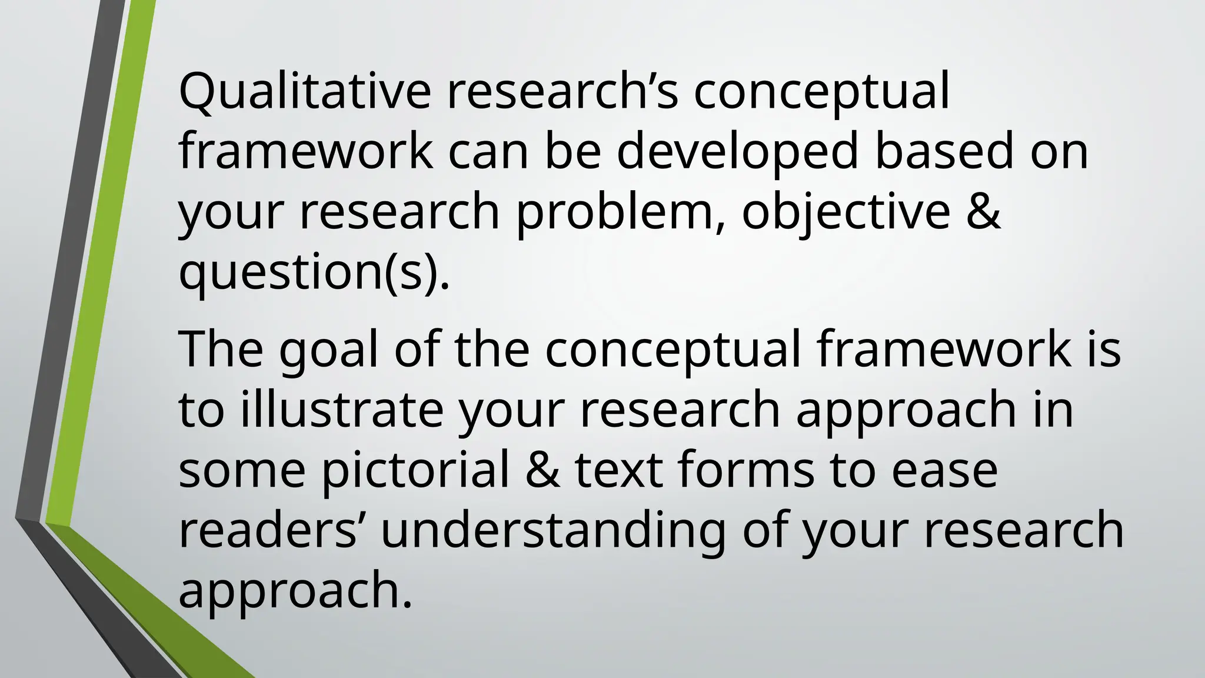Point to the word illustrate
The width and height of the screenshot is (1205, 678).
[x=341, y=410]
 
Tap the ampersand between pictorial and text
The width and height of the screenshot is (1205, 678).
[x=542, y=471]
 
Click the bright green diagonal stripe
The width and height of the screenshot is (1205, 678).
[x=94, y=265]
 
